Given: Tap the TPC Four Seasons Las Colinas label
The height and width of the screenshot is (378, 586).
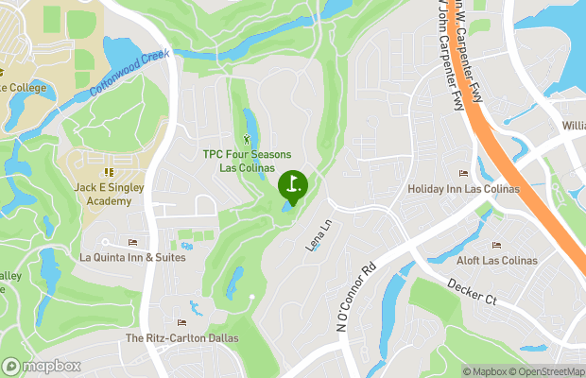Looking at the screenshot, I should tap(248, 161).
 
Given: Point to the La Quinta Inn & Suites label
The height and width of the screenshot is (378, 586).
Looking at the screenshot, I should tap(132, 257).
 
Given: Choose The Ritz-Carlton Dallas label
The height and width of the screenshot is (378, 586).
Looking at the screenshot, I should tap(182, 337).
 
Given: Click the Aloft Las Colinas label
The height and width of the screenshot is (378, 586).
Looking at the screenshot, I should tap(496, 260).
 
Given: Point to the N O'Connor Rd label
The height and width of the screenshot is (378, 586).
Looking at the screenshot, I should tap(356, 295).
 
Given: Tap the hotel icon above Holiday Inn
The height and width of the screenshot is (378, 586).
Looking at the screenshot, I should tap(463, 174).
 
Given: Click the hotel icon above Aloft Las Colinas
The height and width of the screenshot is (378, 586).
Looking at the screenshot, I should tap(496, 246).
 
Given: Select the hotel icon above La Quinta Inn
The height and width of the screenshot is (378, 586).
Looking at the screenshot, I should tap(132, 243).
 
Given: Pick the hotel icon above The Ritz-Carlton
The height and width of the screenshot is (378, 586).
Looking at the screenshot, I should tap(181, 323).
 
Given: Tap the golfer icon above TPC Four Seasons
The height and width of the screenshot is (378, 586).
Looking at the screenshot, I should tap(248, 140).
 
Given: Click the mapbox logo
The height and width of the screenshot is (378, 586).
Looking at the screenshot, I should tap(42, 366).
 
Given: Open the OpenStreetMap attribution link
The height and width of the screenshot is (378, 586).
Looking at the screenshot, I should tap(546, 371).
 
